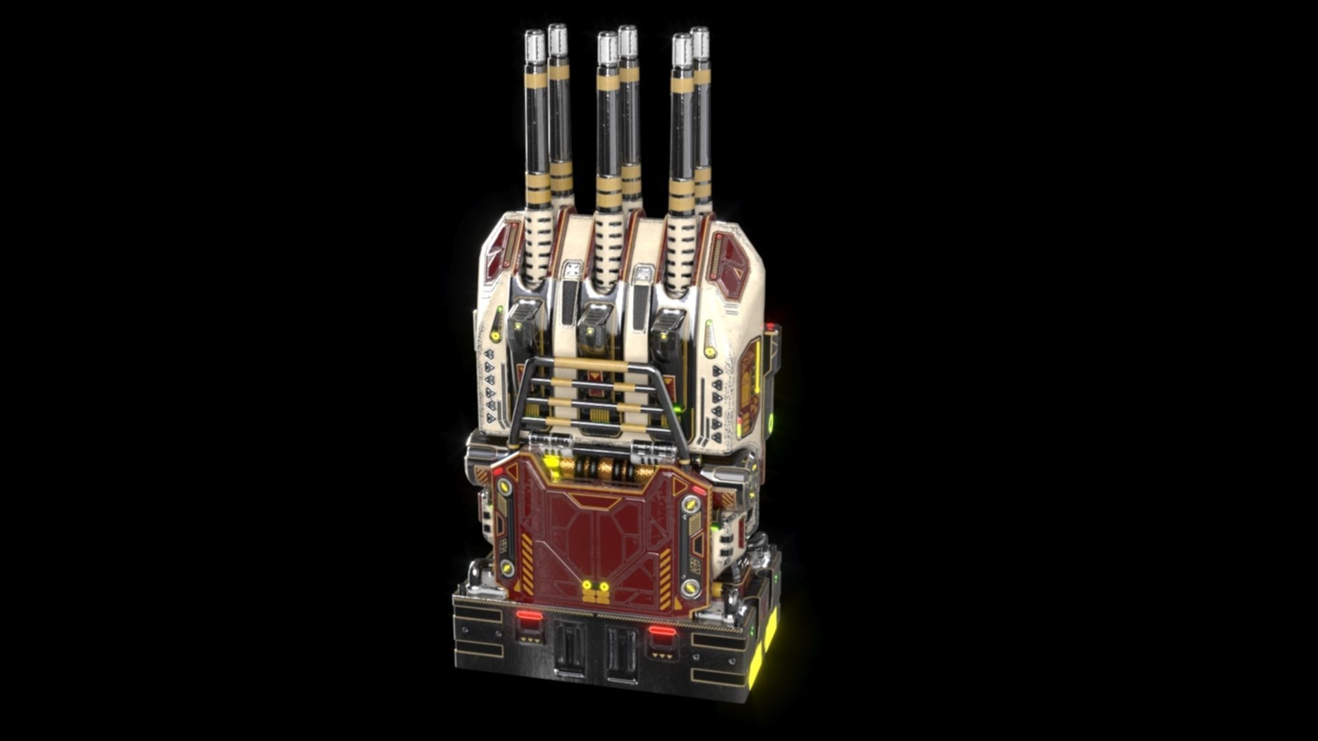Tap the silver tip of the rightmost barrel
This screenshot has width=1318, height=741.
[x=700, y=43]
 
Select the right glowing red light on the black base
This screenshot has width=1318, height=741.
[x=662, y=631]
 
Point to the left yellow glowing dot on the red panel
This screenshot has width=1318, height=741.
[x=587, y=585]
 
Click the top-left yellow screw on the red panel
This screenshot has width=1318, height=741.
[x=505, y=487]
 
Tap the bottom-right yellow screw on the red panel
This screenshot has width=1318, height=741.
[x=690, y=587]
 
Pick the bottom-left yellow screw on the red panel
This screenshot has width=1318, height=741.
[x=507, y=567]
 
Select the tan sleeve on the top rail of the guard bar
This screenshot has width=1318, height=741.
[x=590, y=365]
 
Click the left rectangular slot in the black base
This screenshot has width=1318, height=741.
[x=570, y=646]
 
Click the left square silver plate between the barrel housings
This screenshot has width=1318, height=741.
[x=571, y=269]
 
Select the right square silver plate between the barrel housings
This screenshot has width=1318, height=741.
[x=644, y=274]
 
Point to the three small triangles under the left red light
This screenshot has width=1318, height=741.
[x=530, y=639]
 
